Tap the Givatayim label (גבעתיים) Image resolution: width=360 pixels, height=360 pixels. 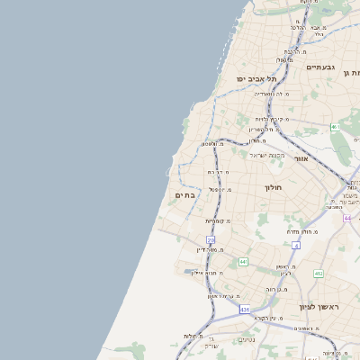[x=320, y=67]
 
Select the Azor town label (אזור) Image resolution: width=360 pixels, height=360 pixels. [x=301, y=158]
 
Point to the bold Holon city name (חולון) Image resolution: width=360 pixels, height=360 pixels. [x=274, y=187]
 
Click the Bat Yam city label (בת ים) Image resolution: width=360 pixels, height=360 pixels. [x=184, y=194]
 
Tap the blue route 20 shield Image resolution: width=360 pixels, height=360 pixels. [x=211, y=239]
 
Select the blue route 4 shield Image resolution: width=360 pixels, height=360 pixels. [x=295, y=245]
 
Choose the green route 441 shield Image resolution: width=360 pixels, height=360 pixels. [x=243, y=261]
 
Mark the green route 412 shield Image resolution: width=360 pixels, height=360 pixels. [x=319, y=273]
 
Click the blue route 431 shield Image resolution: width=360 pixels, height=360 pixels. [x=244, y=310]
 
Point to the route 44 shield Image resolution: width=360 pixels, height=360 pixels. [x=347, y=218]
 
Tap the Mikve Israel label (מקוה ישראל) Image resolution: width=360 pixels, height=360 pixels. [x=266, y=154]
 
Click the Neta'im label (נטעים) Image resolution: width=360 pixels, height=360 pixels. [x=246, y=339]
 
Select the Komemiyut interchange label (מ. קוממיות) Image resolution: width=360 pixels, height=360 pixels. [x=218, y=220]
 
